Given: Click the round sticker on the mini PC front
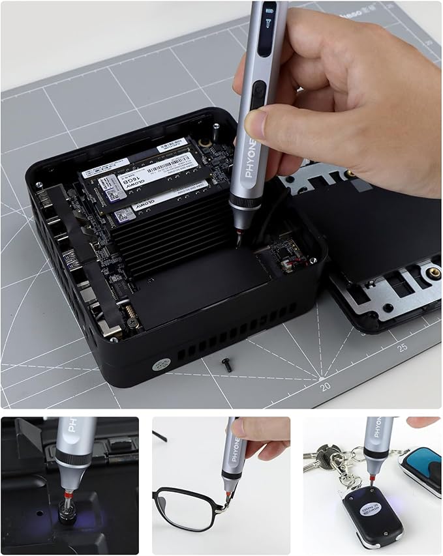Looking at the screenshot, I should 159,366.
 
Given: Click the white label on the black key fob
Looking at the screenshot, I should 365,505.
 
